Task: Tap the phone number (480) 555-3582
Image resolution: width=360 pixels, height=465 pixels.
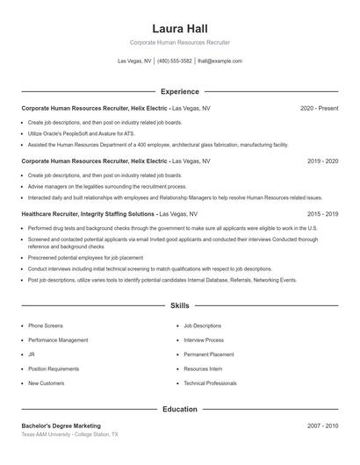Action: (175, 61)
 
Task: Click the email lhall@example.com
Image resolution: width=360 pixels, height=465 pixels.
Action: (220, 61)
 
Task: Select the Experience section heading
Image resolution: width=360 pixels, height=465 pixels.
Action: (179, 91)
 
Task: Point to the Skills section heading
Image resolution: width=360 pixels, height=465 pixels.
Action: (179, 306)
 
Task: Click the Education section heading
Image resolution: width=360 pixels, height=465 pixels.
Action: (179, 409)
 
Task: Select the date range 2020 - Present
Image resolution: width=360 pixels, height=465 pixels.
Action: (319, 108)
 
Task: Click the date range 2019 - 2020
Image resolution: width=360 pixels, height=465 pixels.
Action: (322, 161)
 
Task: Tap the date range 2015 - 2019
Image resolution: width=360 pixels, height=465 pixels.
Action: (322, 214)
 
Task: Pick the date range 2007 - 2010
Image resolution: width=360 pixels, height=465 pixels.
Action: (322, 426)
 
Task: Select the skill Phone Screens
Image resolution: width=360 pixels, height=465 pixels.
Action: (46, 325)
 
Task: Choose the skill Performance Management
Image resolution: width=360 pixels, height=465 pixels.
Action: (58, 340)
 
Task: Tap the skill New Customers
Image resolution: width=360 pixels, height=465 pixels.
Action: (46, 383)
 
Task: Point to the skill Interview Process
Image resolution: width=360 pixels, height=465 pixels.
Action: (204, 340)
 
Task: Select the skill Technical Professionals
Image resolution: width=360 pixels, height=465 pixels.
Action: (210, 383)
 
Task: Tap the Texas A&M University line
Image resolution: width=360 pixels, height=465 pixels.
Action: (69, 435)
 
